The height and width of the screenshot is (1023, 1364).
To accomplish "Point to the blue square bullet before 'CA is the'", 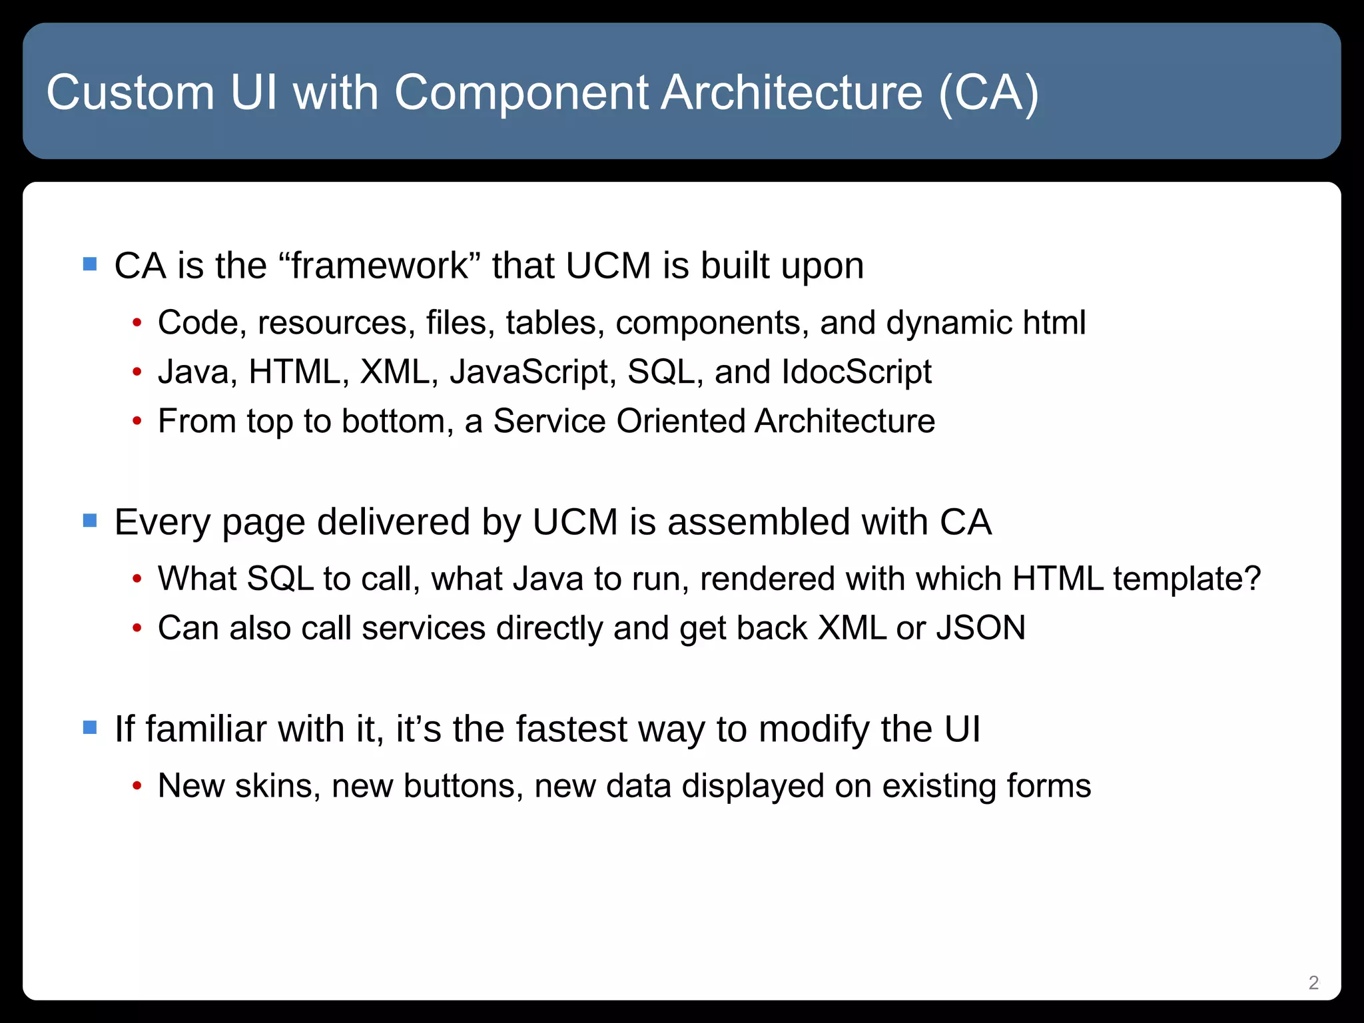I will tap(90, 264).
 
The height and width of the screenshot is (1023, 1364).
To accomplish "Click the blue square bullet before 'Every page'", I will tap(90, 520).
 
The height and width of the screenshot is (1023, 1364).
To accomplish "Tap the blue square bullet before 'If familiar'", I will tap(90, 727).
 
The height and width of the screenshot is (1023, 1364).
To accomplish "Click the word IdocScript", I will tap(856, 372).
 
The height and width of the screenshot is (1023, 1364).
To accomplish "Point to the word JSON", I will tap(981, 627).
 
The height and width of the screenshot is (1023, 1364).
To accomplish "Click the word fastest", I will tap(571, 729).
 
